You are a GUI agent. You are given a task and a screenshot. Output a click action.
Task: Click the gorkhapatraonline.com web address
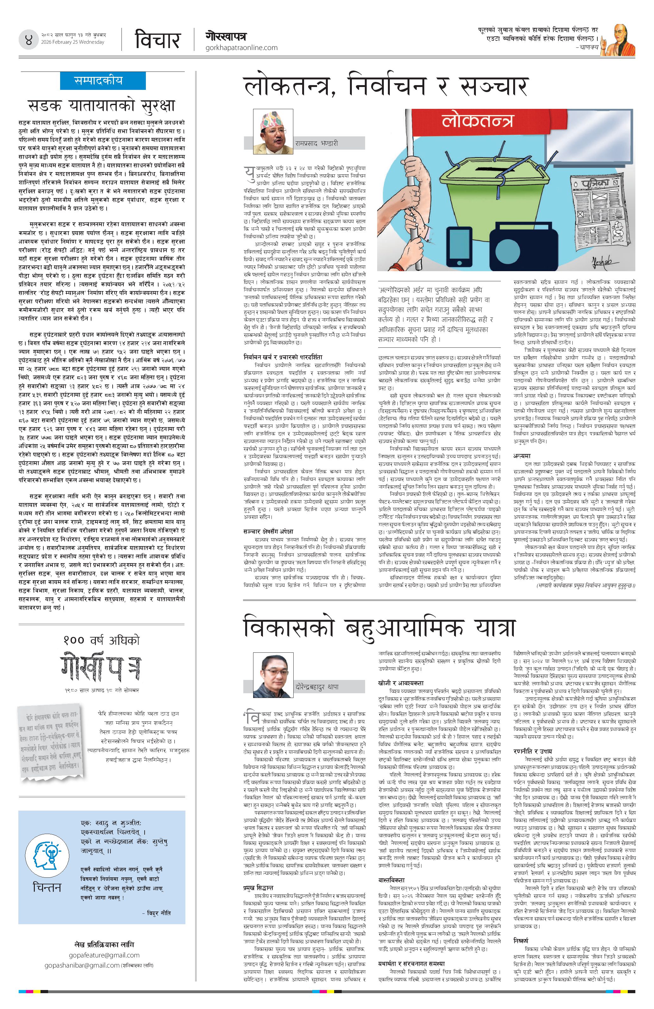click(241, 48)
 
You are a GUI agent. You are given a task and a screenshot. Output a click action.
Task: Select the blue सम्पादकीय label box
click(98, 81)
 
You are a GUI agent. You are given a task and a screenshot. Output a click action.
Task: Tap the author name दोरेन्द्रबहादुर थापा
click(317, 686)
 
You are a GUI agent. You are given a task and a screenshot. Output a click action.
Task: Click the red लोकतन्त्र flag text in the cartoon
click(477, 121)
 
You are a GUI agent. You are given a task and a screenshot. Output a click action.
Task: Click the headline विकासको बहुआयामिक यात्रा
click(379, 628)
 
